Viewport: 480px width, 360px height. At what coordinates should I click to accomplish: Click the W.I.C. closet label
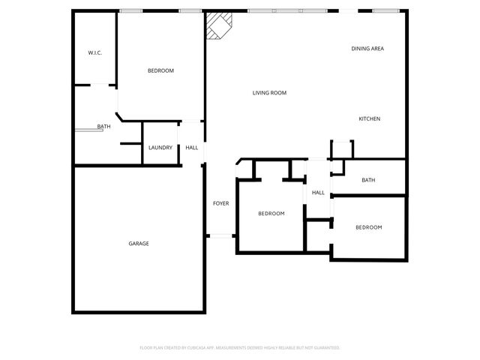tap(94, 52)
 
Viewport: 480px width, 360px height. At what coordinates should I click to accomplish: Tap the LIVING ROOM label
tap(269, 93)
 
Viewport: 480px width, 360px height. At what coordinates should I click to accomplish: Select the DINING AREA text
tap(367, 49)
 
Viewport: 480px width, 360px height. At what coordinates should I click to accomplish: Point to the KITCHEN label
tap(369, 119)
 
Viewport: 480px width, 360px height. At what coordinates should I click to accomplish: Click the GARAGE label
tap(138, 244)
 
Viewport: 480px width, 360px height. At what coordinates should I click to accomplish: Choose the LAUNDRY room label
tap(160, 148)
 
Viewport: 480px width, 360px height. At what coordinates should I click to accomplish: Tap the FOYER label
tap(220, 203)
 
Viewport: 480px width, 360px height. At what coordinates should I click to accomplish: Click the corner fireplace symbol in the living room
tap(218, 25)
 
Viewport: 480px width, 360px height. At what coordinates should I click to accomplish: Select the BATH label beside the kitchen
tap(368, 180)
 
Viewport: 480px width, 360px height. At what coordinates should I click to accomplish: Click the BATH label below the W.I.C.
tap(103, 127)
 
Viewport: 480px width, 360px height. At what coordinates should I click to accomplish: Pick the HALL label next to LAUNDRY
tap(192, 148)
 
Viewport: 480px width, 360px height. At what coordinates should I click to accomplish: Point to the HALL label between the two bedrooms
tap(318, 193)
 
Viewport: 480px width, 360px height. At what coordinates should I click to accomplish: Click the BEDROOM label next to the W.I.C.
tap(160, 70)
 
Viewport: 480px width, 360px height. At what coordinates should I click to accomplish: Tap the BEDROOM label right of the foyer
tap(271, 214)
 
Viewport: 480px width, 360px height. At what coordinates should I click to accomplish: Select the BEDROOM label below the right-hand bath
tap(368, 227)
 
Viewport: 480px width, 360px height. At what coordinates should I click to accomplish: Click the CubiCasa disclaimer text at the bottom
tap(240, 348)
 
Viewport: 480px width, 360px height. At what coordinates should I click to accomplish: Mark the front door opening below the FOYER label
tap(220, 236)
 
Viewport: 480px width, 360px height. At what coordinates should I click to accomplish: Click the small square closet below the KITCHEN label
tap(341, 148)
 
